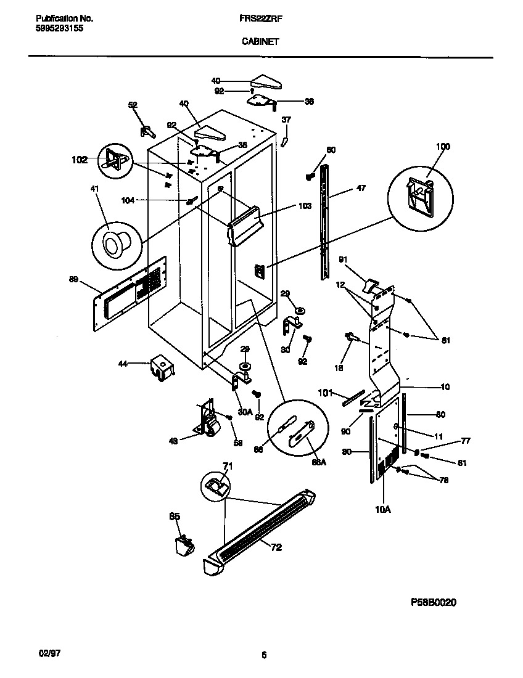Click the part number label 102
(80, 160)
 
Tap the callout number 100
(443, 147)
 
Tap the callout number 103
(305, 207)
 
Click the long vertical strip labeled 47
(323, 222)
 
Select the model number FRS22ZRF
(261, 18)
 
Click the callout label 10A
(383, 509)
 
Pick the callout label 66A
(318, 462)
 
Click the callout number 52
(133, 105)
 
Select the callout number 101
(325, 392)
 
